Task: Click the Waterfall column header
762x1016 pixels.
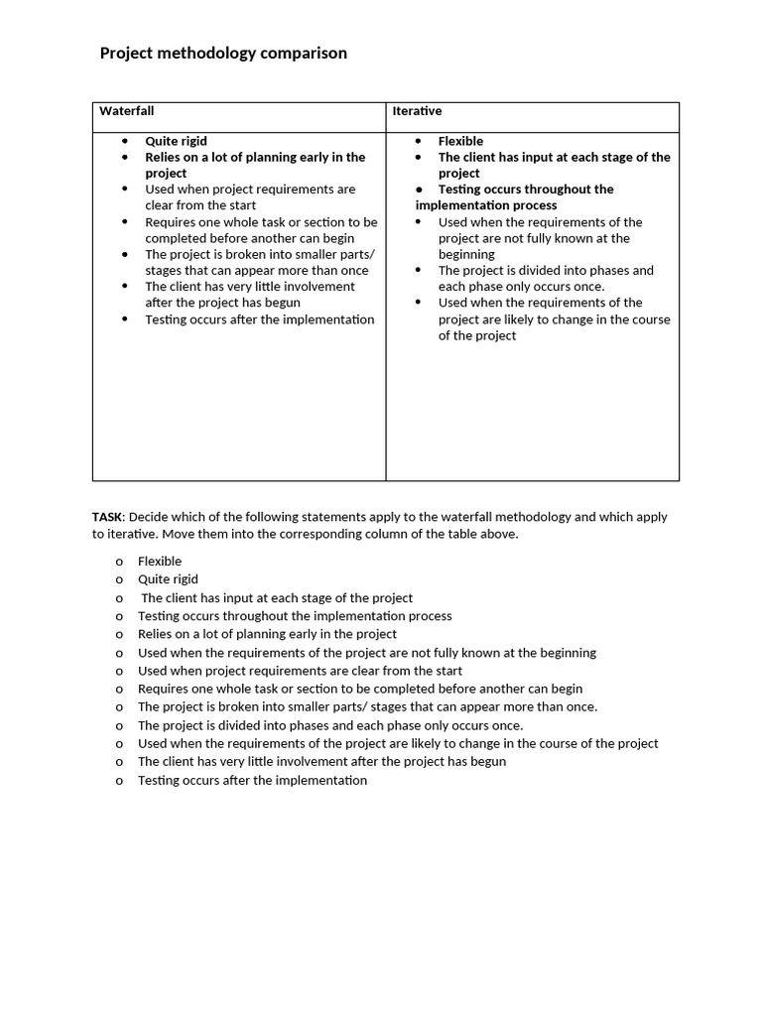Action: click(x=127, y=111)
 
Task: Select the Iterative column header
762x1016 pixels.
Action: click(x=417, y=111)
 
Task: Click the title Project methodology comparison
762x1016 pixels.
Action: click(x=223, y=54)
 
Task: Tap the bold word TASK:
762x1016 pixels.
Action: click(x=108, y=517)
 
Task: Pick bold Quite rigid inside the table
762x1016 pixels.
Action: click(x=176, y=141)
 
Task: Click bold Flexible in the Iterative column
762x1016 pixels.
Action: click(x=460, y=141)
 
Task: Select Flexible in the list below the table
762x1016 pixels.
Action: click(x=160, y=562)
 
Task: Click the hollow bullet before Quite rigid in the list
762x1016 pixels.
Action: click(x=119, y=580)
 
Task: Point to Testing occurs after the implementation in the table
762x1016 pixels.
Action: click(x=259, y=319)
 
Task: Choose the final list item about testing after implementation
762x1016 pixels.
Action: click(x=252, y=781)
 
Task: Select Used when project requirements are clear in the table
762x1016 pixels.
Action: click(x=249, y=189)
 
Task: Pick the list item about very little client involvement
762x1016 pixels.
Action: click(x=321, y=762)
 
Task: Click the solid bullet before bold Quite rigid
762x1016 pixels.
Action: click(x=125, y=142)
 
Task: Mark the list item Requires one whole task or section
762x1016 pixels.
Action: click(x=359, y=689)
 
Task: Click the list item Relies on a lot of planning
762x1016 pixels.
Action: click(x=267, y=634)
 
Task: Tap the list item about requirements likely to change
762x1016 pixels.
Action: click(x=397, y=744)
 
